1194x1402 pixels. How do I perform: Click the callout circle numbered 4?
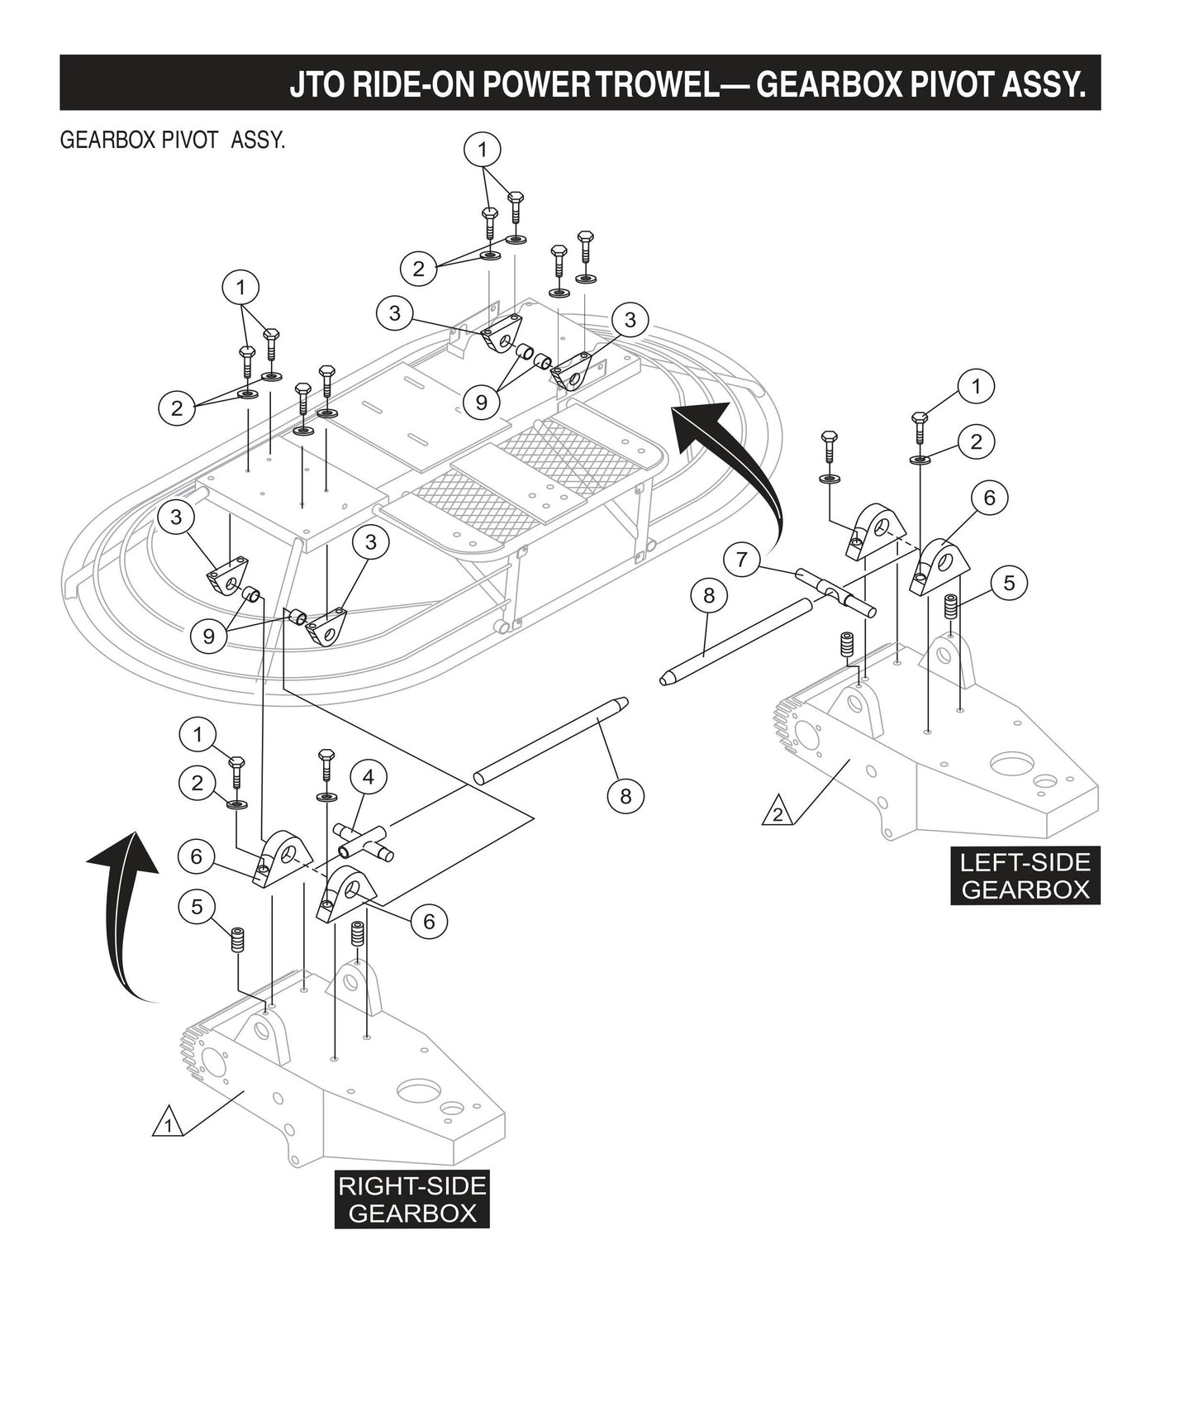369,777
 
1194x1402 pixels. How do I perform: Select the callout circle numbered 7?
741,560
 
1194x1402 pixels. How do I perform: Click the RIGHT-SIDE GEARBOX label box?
411,1199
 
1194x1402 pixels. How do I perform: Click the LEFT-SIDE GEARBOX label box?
1025,876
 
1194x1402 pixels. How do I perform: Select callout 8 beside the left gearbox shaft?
709,594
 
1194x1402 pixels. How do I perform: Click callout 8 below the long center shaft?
625,795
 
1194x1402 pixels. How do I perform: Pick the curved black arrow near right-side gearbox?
124,909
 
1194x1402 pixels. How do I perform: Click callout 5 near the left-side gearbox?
1009,583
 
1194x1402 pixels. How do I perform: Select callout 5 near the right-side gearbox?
197,907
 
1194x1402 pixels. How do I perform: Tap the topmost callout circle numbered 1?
483,150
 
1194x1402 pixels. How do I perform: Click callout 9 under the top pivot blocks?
482,403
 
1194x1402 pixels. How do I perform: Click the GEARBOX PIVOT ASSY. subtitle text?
173,140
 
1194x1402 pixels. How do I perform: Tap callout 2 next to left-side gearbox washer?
977,441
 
